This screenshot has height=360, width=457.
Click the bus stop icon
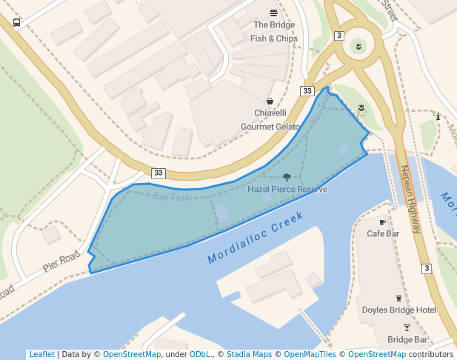click(x=16, y=22)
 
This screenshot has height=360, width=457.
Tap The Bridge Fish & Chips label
click(x=274, y=32)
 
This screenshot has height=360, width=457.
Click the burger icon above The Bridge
click(x=274, y=13)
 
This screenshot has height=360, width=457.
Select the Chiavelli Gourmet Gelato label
click(x=270, y=119)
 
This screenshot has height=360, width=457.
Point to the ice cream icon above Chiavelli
click(x=270, y=101)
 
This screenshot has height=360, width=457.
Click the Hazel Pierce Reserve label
click(x=287, y=190)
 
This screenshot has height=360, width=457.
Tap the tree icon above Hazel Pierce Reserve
click(x=287, y=177)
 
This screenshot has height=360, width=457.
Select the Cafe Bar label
click(x=383, y=233)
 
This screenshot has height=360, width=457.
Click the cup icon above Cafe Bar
click(x=382, y=221)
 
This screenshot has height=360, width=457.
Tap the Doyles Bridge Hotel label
click(x=398, y=310)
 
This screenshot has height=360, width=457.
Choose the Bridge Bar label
click(x=407, y=340)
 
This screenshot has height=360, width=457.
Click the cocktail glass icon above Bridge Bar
click(x=407, y=327)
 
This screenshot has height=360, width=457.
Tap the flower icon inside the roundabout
click(x=358, y=47)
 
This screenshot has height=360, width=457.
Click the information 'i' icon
click(x=438, y=116)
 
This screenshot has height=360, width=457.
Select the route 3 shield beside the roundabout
click(x=339, y=36)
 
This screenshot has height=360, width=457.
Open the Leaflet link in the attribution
click(x=41, y=355)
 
